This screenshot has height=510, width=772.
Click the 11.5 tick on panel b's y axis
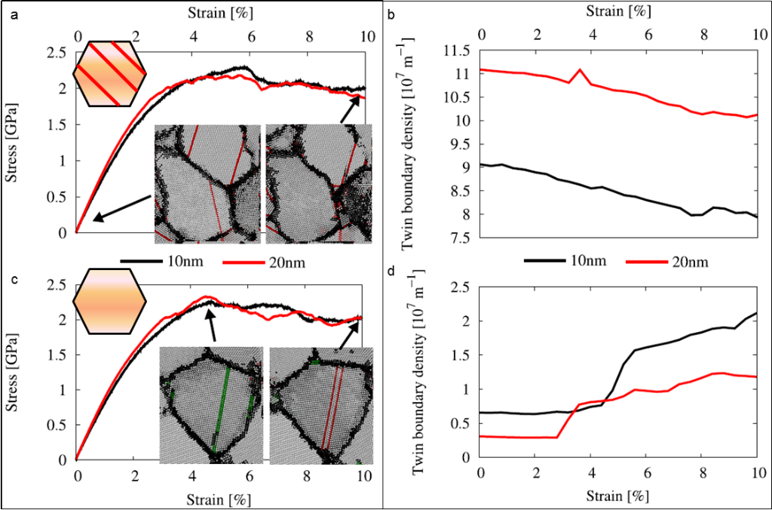click(x=457, y=51)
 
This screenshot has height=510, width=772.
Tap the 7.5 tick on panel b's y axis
click(x=460, y=238)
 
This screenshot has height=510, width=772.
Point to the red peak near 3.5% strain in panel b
click(x=580, y=69)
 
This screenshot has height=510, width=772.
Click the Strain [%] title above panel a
click(x=220, y=12)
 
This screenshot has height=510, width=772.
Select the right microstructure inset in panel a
click(x=320, y=183)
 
